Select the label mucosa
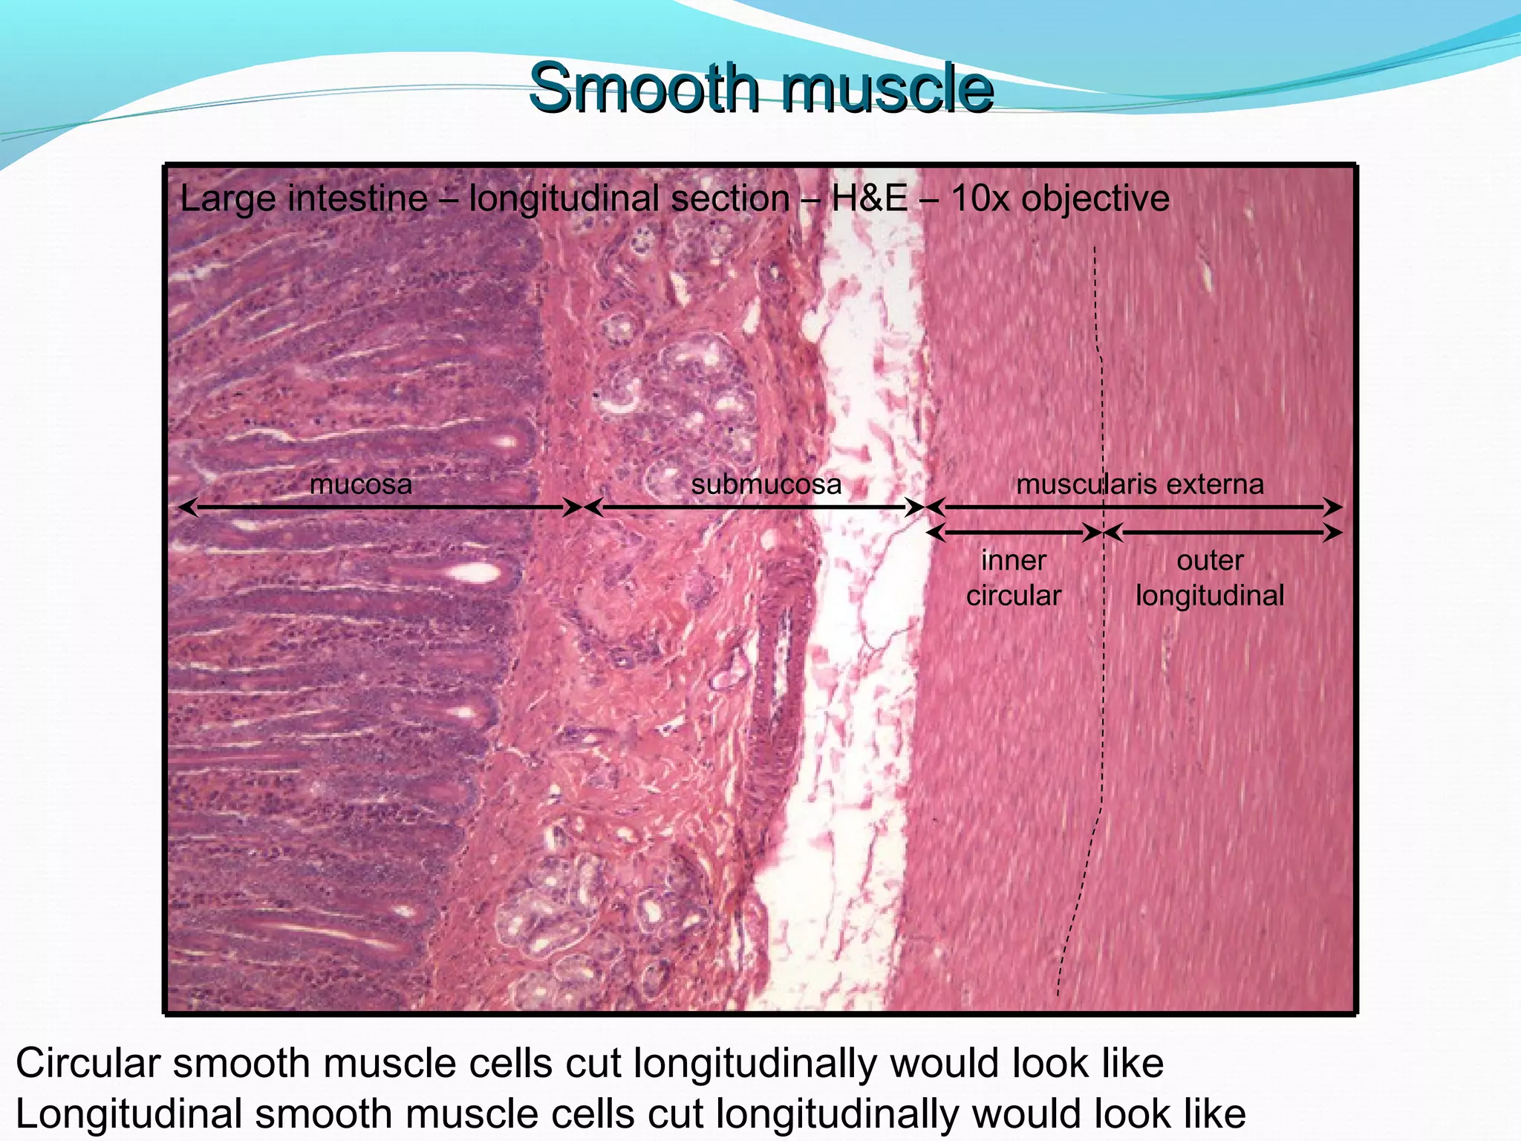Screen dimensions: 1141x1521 click(361, 484)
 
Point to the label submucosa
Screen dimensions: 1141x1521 click(766, 484)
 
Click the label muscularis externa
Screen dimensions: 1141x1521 click(1140, 484)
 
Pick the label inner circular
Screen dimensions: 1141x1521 click(1014, 577)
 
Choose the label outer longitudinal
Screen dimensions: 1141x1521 click(1210, 577)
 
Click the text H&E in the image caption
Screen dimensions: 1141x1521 click(870, 198)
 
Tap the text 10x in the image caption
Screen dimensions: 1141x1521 click(979, 198)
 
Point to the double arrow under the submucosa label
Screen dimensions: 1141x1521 click(755, 507)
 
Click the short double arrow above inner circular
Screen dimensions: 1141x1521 click(1014, 532)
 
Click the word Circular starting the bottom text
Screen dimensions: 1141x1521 click(88, 1063)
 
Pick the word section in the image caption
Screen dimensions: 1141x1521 click(731, 198)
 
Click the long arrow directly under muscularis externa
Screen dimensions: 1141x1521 click(1134, 507)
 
